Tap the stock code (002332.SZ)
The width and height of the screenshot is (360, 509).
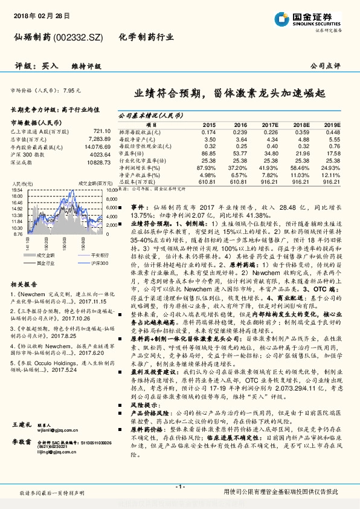point(79,37)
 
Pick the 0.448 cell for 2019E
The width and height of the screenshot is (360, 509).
point(333,132)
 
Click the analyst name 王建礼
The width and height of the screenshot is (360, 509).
point(21,443)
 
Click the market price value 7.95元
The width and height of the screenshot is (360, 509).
point(71,90)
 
